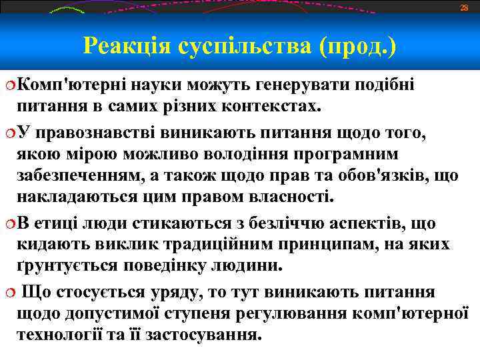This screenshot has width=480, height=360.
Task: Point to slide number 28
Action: (465, 7)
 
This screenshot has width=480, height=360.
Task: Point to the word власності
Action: (287, 199)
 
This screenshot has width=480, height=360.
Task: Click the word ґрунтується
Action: (82, 266)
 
